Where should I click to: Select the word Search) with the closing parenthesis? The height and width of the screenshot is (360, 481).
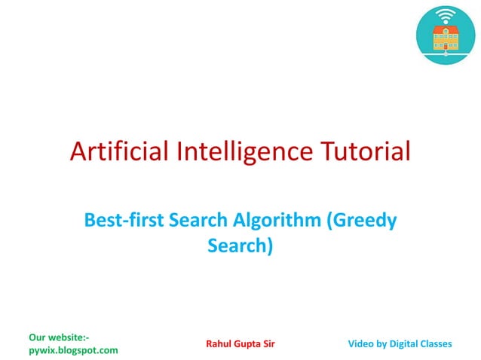[x=240, y=245]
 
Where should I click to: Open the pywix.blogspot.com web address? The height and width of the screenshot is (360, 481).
[x=72, y=350]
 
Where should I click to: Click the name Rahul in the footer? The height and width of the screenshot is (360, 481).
[x=219, y=343]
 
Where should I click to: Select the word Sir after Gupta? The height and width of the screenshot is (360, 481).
[x=269, y=343]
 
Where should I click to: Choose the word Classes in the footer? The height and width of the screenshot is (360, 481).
[x=437, y=343]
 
